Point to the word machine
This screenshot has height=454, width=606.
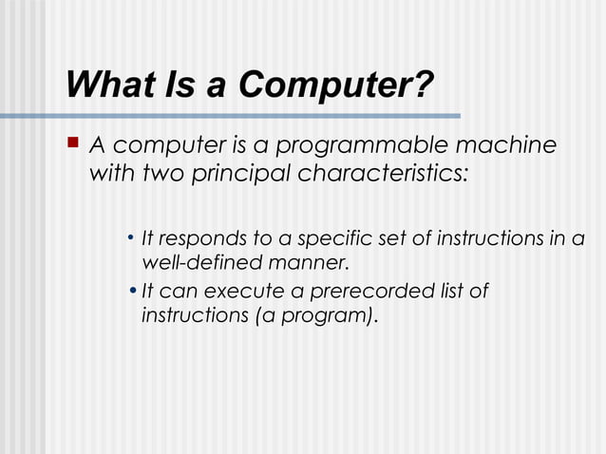pos(504,146)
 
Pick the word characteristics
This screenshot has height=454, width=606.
pos(384,175)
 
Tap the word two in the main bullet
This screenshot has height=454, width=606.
pos(158,175)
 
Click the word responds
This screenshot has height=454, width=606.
pos(200,237)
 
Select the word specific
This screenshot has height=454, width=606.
pos(336,237)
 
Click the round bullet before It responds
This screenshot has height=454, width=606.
pos(130,237)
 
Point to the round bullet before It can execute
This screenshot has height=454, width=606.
pos(132,291)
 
